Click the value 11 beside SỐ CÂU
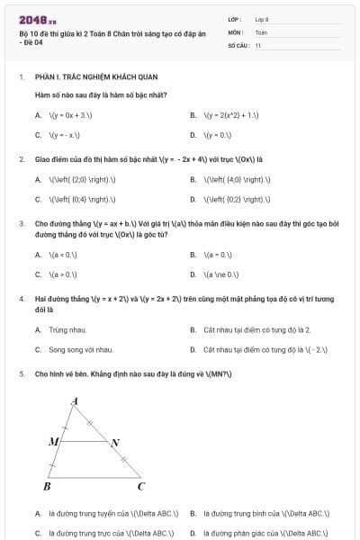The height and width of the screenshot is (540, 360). pos(257,44)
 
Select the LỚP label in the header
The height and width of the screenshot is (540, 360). pos(235,18)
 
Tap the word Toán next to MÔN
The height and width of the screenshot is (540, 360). pos(261,31)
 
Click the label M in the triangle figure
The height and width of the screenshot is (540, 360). pos(53,442)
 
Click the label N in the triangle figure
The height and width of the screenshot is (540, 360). pos(115,443)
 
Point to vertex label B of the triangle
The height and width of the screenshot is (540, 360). pos(47,487)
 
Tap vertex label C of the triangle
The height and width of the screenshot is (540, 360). pos(140,487)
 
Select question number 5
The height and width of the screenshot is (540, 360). pos(21,372)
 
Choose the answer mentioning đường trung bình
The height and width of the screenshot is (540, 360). pos(265,513)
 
